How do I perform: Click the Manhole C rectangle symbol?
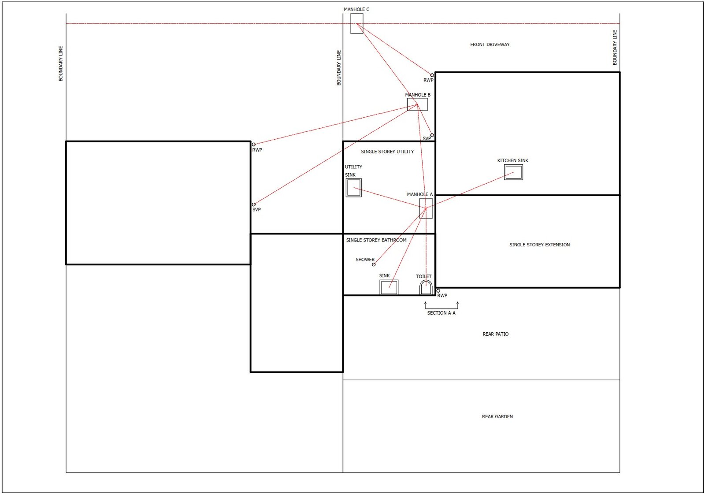click(x=357, y=23)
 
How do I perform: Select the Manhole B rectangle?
click(x=417, y=104)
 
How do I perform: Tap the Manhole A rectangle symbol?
click(x=426, y=208)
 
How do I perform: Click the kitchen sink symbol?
click(x=513, y=172)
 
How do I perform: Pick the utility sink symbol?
click(x=353, y=188)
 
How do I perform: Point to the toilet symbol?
click(x=426, y=287)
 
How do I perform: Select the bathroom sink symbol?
click(x=389, y=287)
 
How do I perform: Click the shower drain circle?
click(x=374, y=264)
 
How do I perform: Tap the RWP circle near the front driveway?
click(x=432, y=75)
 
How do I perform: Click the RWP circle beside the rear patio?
click(x=438, y=291)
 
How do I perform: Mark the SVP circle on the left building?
click(x=254, y=204)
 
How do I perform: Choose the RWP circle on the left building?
click(x=254, y=145)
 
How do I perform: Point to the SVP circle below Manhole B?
click(x=432, y=135)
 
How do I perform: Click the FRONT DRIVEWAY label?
click(x=490, y=45)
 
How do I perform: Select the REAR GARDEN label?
click(x=497, y=416)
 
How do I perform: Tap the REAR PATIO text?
click(x=495, y=334)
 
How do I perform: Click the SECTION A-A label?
click(x=441, y=313)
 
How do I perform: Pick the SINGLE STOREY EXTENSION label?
click(x=539, y=245)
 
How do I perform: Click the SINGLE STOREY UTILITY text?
click(x=387, y=152)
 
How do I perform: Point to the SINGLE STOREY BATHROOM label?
click(x=376, y=240)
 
